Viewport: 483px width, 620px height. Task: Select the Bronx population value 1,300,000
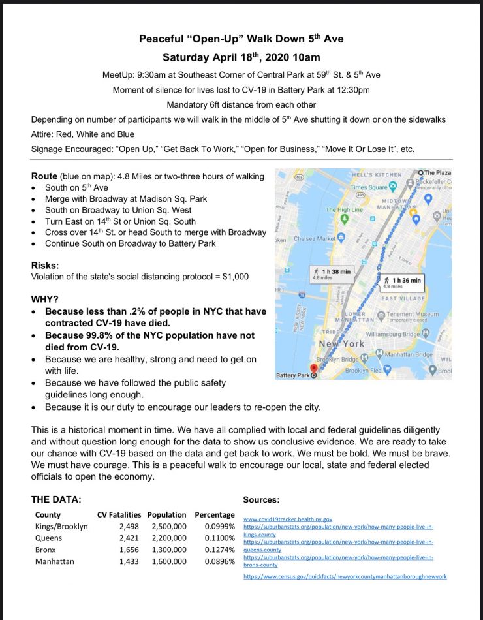(x=168, y=550)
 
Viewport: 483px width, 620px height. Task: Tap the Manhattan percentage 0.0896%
(x=219, y=561)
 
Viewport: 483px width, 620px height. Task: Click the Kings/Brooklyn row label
(x=61, y=526)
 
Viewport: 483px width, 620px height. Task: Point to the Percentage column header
(x=214, y=514)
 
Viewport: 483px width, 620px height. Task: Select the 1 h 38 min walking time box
(x=332, y=275)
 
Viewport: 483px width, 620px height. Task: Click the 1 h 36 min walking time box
(x=403, y=282)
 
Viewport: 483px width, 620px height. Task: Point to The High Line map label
(x=344, y=210)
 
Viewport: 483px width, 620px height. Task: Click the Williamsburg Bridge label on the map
(x=394, y=333)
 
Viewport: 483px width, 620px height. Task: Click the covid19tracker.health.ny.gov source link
(x=288, y=519)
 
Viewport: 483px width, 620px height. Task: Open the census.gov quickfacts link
(x=345, y=577)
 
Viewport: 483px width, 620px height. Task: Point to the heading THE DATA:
(x=56, y=499)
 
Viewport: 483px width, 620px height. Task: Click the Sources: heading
(x=261, y=499)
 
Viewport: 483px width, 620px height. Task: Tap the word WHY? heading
(x=44, y=299)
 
